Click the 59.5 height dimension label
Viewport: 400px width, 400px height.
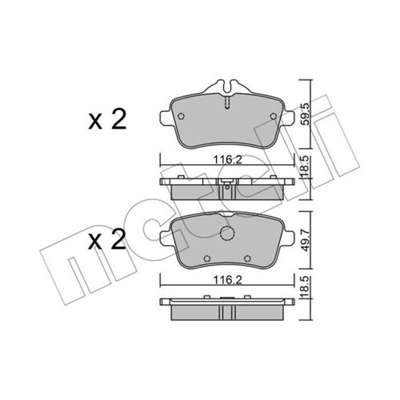[x=305, y=114]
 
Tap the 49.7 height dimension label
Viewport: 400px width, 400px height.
[x=305, y=240]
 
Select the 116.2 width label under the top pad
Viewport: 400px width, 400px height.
[x=227, y=160]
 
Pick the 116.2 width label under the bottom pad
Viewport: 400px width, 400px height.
[x=227, y=280]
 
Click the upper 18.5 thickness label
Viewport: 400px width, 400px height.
[x=305, y=167]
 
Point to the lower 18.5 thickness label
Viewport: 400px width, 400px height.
[x=305, y=287]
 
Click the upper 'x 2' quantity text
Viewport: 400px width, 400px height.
[x=107, y=119]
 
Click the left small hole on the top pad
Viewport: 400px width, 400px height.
[x=181, y=116]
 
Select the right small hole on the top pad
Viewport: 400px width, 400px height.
[x=273, y=116]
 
